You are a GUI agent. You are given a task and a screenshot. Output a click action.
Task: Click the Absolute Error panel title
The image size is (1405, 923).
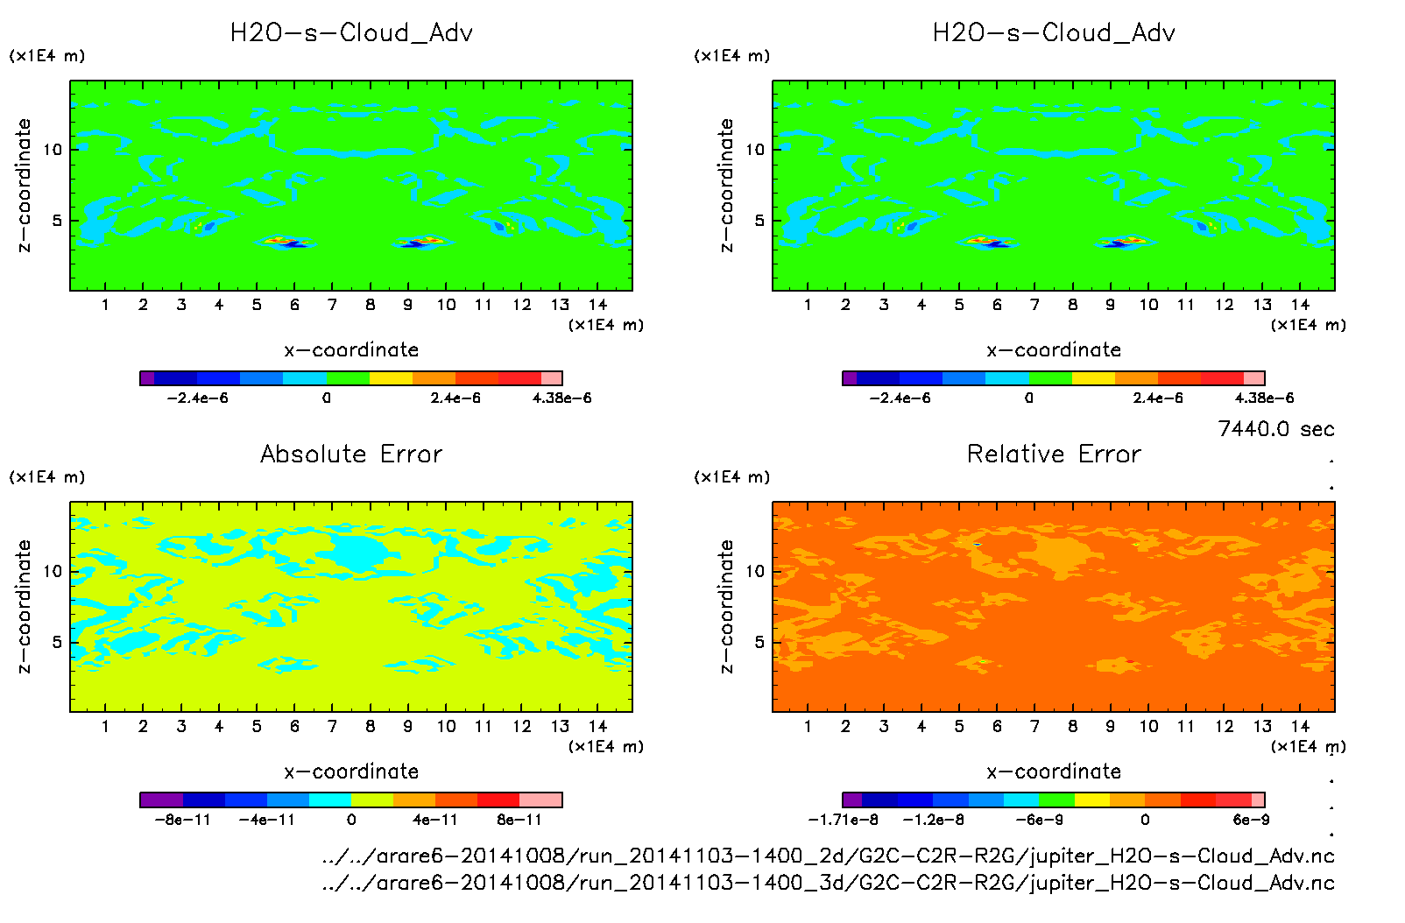click(x=351, y=454)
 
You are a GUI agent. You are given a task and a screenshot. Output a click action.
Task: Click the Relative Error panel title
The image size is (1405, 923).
click(x=1054, y=454)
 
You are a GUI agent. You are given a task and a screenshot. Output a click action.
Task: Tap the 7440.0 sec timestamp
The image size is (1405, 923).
click(x=1275, y=429)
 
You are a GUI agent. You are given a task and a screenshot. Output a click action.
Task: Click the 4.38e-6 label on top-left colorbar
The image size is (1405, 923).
click(x=561, y=398)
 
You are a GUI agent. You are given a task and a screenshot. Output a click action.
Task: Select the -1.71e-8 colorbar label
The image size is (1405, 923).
click(x=843, y=820)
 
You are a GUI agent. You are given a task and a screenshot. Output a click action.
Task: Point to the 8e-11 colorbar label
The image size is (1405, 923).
click(x=519, y=820)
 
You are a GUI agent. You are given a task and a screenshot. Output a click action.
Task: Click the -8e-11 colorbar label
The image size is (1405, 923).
click(x=182, y=820)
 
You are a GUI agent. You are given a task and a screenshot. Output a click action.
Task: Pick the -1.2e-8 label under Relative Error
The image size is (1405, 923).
click(x=934, y=820)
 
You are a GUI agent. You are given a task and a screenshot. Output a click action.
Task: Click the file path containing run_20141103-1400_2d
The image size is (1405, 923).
click(x=828, y=856)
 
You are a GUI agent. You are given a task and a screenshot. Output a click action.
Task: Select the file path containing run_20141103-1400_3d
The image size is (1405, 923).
click(x=828, y=882)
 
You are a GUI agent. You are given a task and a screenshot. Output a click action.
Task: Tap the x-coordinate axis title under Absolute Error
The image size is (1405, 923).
click(x=351, y=772)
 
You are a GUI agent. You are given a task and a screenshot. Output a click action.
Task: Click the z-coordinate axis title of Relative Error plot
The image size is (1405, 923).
click(x=725, y=606)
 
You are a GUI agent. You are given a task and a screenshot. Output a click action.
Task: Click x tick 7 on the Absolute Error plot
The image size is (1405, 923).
click(x=332, y=726)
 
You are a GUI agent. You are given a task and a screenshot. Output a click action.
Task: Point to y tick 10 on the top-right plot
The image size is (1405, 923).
click(x=755, y=150)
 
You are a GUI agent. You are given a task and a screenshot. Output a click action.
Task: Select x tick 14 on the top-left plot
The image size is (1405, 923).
click(x=597, y=305)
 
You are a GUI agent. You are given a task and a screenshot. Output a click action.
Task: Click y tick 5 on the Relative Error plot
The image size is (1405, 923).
click(x=759, y=642)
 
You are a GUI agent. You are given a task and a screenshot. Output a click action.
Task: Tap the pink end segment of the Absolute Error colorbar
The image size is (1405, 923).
click(x=540, y=800)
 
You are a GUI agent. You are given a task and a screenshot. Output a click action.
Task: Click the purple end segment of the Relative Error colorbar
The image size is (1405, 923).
click(x=851, y=800)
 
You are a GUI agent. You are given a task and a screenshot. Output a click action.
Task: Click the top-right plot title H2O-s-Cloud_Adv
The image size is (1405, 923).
click(x=1054, y=32)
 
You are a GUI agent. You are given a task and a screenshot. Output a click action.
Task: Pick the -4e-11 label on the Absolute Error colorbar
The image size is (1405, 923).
click(x=266, y=820)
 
